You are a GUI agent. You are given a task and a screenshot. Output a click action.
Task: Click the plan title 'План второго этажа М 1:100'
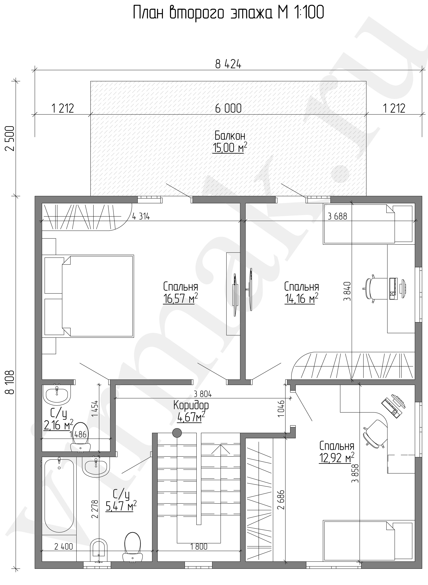coord(228,13)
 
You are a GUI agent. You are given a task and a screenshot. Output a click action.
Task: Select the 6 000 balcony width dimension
coord(228,108)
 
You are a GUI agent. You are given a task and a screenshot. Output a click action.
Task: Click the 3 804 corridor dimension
coord(203,394)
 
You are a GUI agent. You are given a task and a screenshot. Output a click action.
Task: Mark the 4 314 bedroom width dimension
coord(141,216)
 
